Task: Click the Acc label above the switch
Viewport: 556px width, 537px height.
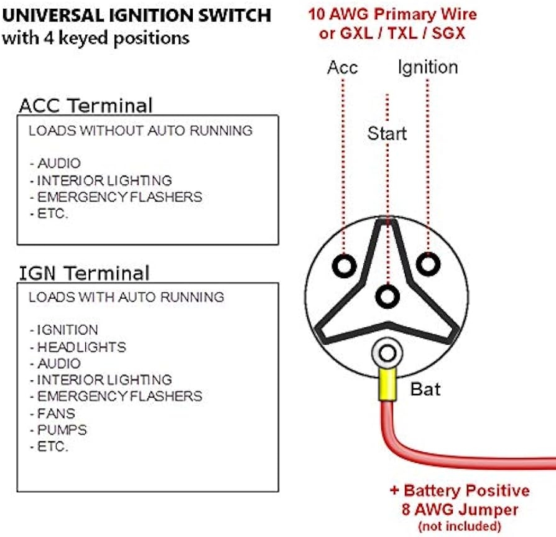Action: click(342, 67)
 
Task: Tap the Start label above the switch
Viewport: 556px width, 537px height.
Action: click(386, 133)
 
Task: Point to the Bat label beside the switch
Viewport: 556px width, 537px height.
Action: click(425, 390)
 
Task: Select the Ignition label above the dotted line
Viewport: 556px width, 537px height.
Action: click(428, 67)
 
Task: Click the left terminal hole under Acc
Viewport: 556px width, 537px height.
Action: click(343, 266)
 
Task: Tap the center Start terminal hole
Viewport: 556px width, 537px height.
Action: click(387, 296)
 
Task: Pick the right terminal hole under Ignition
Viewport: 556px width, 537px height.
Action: click(428, 263)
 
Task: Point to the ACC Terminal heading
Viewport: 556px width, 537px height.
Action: click(85, 105)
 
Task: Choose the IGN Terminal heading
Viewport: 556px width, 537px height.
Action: click(84, 273)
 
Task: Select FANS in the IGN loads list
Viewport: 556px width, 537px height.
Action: click(56, 413)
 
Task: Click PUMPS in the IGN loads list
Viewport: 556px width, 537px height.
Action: click(62, 430)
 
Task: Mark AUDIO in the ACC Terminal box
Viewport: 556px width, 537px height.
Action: click(58, 164)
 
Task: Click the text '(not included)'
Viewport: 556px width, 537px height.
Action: click(460, 526)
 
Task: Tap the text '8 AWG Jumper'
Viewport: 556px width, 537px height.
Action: click(460, 510)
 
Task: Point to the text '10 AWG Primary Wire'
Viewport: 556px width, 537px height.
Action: click(392, 14)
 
